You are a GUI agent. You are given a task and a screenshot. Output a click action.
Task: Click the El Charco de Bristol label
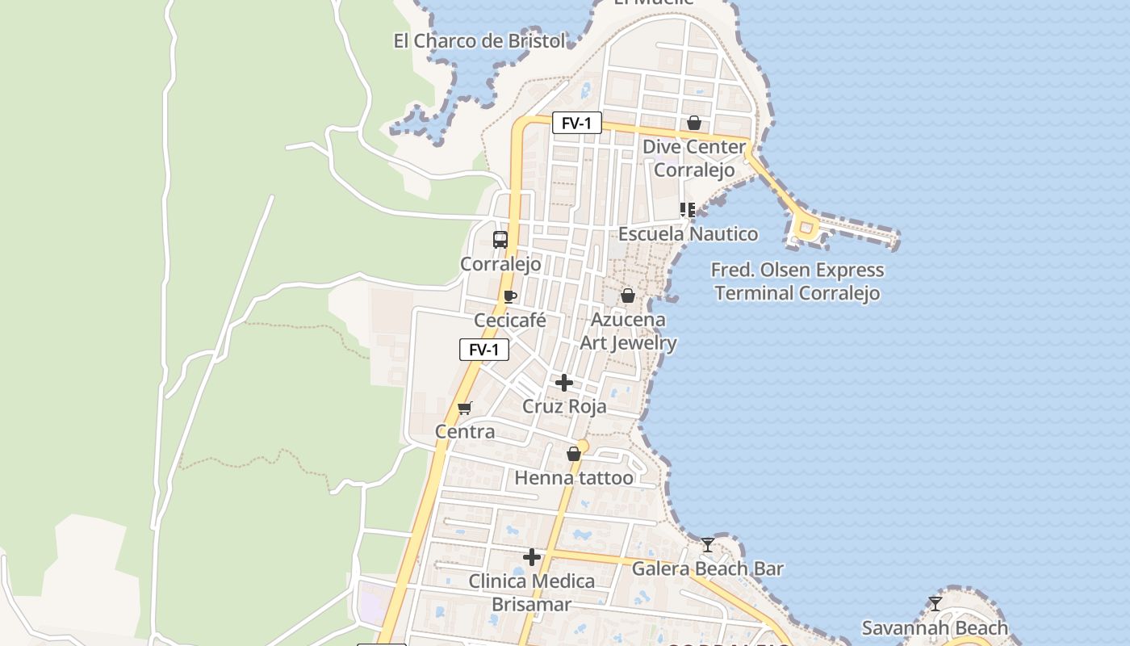click(x=479, y=41)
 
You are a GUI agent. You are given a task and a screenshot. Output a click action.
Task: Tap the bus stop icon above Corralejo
click(x=500, y=239)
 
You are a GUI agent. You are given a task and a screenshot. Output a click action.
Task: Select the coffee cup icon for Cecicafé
click(x=509, y=296)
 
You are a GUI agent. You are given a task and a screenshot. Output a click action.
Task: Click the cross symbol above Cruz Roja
click(x=564, y=382)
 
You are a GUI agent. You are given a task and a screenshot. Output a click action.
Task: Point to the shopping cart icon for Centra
click(x=464, y=408)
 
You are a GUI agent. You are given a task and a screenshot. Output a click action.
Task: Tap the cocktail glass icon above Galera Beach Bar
click(x=708, y=545)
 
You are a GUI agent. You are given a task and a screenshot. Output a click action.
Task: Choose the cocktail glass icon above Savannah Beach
click(x=935, y=603)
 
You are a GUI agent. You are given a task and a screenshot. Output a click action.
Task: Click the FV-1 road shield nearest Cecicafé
click(x=484, y=350)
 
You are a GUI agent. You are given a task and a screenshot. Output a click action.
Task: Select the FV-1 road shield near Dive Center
click(x=577, y=123)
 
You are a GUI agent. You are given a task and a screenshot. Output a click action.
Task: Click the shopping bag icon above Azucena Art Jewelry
click(x=628, y=296)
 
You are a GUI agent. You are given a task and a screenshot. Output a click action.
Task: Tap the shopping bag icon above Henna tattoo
click(x=574, y=454)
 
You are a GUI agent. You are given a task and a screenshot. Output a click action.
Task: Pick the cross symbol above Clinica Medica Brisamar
click(x=532, y=556)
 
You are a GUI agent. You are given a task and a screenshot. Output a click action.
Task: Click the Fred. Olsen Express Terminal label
click(x=797, y=281)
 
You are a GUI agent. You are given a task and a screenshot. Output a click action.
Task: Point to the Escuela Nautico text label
click(x=688, y=234)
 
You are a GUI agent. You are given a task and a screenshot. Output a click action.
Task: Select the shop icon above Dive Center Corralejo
click(x=694, y=123)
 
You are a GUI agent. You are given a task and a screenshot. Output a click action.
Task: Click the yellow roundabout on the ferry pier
click(x=806, y=227)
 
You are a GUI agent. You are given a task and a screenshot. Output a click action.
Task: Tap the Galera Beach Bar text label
click(x=707, y=568)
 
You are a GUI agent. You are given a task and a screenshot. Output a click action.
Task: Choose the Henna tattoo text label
click(x=574, y=478)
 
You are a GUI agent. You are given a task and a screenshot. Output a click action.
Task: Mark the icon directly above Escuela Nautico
click(x=687, y=210)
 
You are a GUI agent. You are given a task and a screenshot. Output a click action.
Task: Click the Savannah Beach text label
click(x=935, y=627)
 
